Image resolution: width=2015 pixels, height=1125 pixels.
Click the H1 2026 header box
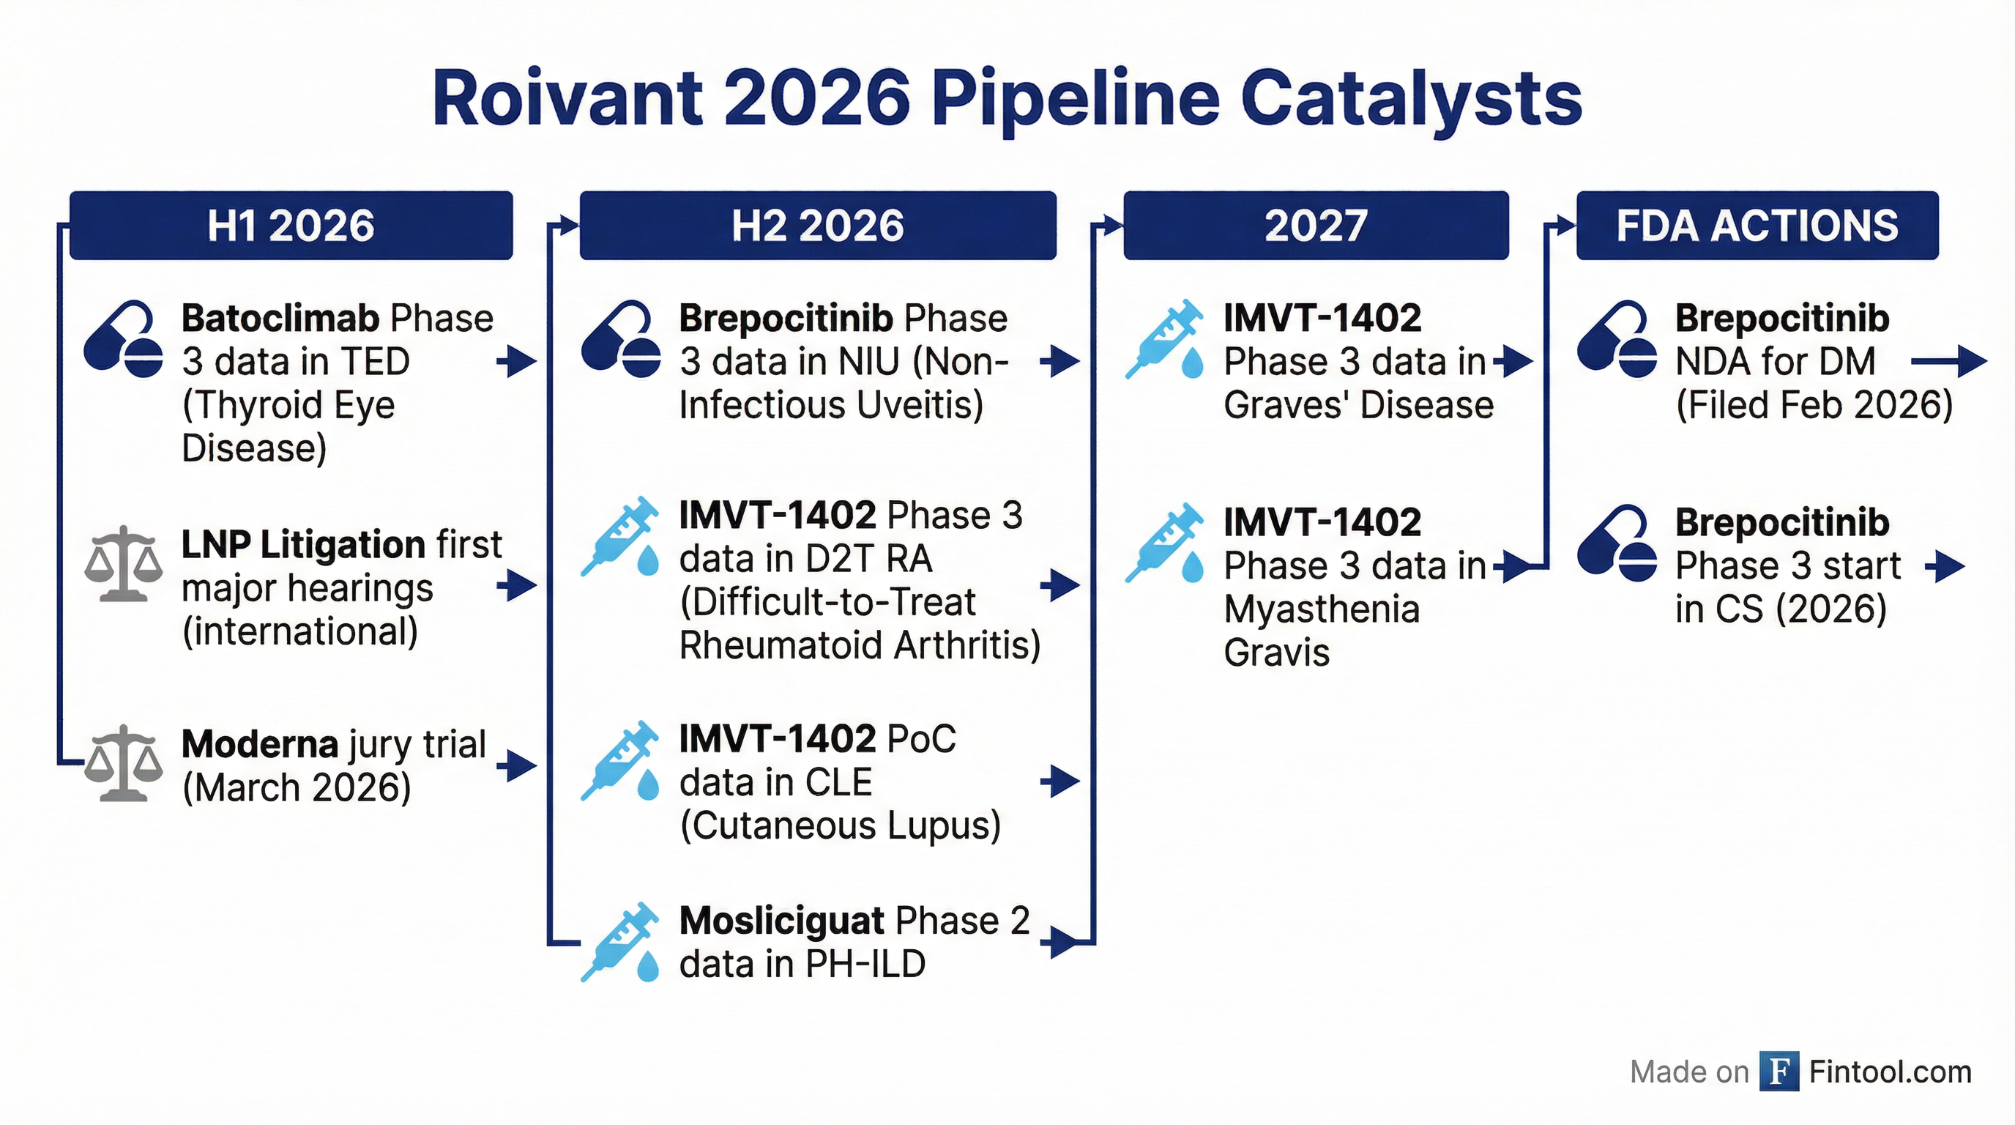click(x=291, y=226)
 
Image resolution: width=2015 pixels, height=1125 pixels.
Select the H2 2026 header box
click(x=817, y=226)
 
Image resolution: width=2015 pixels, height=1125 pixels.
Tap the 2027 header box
click(x=1316, y=226)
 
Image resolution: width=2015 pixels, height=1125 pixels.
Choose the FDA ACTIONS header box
click(x=1757, y=226)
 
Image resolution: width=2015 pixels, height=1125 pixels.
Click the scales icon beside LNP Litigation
click(x=124, y=563)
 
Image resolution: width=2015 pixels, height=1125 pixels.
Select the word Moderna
click(x=260, y=744)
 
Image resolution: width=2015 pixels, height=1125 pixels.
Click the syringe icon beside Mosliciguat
click(x=619, y=941)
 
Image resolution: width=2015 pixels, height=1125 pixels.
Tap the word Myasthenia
click(x=1321, y=609)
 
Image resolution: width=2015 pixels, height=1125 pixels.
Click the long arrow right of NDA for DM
click(x=1948, y=361)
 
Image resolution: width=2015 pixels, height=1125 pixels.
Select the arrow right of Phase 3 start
click(x=1945, y=566)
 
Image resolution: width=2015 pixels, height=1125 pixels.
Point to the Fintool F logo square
click(x=1779, y=1071)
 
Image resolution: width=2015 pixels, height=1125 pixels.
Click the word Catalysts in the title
click(x=1411, y=100)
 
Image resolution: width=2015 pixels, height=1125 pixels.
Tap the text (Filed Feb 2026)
click(x=1814, y=405)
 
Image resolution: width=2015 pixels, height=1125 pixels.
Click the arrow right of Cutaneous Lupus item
click(x=1060, y=781)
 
